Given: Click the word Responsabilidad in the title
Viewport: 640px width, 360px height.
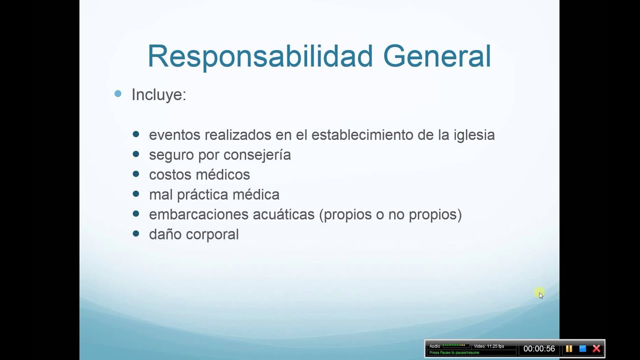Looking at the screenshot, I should [260, 56].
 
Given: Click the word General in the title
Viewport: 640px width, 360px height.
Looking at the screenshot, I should [437, 56].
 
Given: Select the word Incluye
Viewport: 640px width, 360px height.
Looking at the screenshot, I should [158, 94].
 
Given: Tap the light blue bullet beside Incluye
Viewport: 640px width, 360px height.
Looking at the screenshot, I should [118, 93].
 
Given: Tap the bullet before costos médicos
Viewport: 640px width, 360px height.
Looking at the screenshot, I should [136, 174].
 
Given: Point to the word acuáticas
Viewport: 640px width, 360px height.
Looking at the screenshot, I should [283, 214].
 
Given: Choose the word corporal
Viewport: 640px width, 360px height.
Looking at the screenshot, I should [215, 234].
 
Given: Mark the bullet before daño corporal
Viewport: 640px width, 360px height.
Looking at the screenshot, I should [136, 233].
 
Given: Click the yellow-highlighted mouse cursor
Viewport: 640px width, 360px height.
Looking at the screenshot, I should [539, 293].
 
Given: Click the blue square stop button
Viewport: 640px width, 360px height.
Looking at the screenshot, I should [582, 348].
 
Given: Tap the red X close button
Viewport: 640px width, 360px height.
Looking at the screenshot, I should [596, 348].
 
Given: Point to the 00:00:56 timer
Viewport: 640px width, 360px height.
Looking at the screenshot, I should [539, 349].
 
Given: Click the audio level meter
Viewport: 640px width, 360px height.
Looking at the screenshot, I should [454, 345].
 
